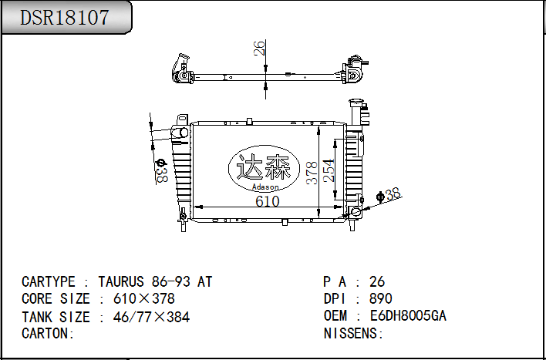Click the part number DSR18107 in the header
(65, 18)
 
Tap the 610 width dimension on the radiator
(268, 202)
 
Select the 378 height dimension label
(312, 173)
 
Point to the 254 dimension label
(329, 170)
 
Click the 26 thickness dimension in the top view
(259, 48)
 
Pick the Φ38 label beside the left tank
(161, 170)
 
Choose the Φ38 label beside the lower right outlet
(389, 195)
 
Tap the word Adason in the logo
(265, 187)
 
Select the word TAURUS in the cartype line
(121, 281)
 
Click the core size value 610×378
(144, 299)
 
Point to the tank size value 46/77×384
(151, 317)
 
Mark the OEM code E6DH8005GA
(408, 316)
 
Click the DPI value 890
(381, 299)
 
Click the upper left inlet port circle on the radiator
(183, 133)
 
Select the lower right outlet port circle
(356, 211)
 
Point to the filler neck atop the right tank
(356, 112)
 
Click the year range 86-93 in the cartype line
(171, 281)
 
